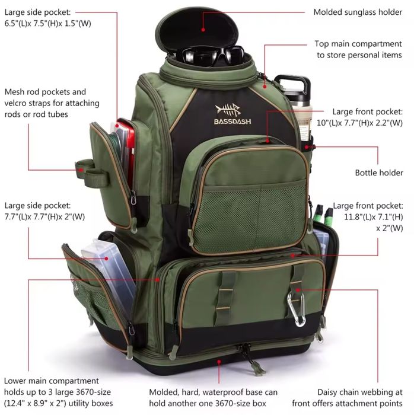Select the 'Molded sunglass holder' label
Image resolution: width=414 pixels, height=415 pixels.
358,12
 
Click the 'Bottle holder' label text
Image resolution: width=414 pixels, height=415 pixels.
378,173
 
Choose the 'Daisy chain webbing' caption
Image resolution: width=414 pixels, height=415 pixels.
360,392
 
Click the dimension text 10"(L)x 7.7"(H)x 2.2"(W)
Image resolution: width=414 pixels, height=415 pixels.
367,123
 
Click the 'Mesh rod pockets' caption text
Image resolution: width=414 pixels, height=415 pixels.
45,92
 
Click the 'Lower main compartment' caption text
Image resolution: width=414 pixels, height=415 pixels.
51,381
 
